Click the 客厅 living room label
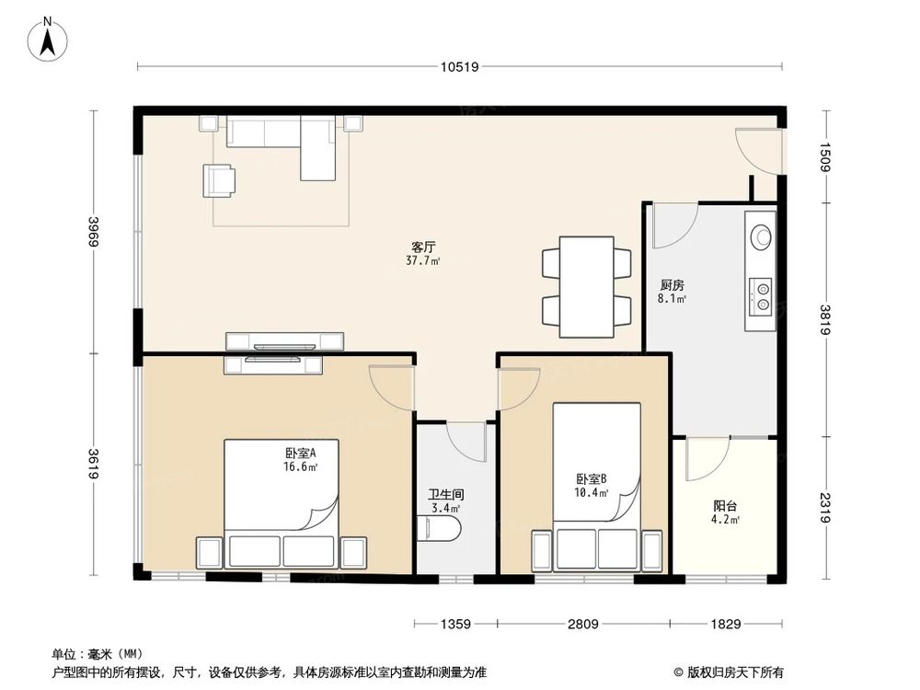pyautogui.click(x=423, y=247)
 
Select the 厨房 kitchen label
pyautogui.click(x=671, y=285)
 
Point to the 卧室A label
pyautogui.click(x=301, y=453)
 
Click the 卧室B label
pyautogui.click(x=591, y=478)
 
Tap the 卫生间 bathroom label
pyautogui.click(x=445, y=494)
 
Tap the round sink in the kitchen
pyautogui.click(x=761, y=236)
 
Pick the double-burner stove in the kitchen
pyautogui.click(x=762, y=294)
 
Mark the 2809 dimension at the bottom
pyautogui.click(x=583, y=625)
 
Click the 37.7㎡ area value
pyautogui.click(x=423, y=261)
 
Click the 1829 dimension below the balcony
pyautogui.click(x=725, y=625)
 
